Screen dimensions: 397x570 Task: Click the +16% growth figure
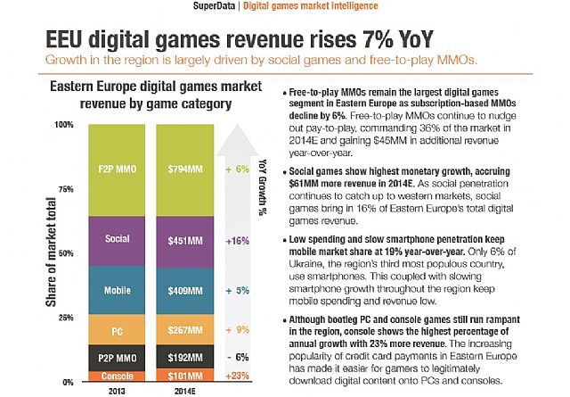point(238,240)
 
